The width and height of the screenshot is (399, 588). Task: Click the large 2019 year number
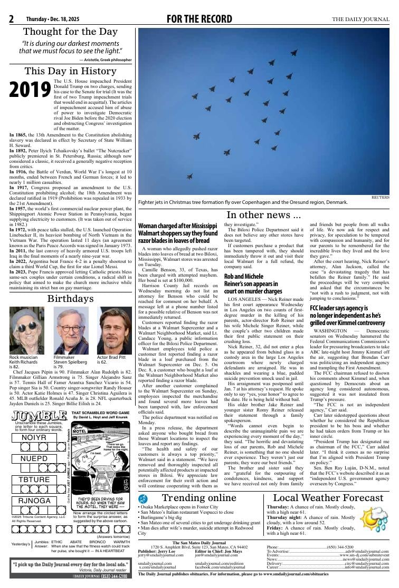coord(30,90)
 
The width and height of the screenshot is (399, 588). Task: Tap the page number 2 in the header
coord(11,19)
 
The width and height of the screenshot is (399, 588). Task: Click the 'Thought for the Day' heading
coord(70,33)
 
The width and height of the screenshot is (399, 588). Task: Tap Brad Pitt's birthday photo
coord(115,330)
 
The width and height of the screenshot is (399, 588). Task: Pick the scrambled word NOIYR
coord(34,438)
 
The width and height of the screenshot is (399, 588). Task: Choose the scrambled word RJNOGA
coord(35,501)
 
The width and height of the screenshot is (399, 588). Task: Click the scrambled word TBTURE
coord(34,479)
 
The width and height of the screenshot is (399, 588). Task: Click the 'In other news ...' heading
coord(263,214)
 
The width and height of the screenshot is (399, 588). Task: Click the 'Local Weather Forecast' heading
coord(328,498)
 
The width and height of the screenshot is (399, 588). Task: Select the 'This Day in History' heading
coord(70,71)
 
